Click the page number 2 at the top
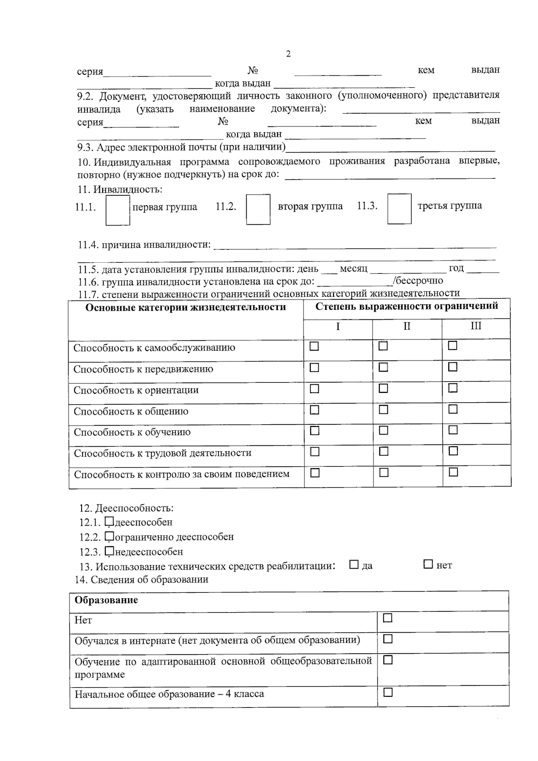(x=288, y=54)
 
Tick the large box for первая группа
(x=117, y=210)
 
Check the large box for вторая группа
(x=258, y=209)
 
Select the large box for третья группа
(x=399, y=209)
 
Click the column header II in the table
(x=407, y=326)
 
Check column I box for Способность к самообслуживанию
(x=314, y=347)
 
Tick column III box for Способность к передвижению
(x=453, y=367)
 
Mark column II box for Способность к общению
(x=383, y=409)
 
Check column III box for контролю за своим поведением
(x=453, y=472)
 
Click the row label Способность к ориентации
(x=136, y=390)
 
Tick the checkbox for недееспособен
(x=109, y=551)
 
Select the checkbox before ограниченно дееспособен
(x=109, y=536)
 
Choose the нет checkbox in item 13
(x=428, y=565)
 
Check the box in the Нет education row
(x=388, y=618)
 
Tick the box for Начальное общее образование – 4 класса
(x=388, y=693)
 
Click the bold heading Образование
(x=106, y=600)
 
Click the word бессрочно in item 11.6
(x=419, y=281)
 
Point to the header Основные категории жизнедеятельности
(x=186, y=307)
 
